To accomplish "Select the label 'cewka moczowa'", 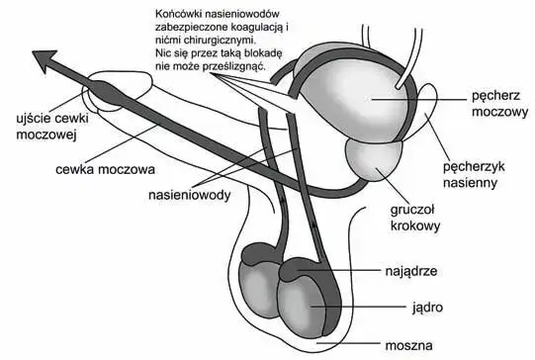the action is pyautogui.click(x=95, y=167).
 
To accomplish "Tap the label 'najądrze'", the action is pyautogui.click(x=406, y=268).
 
